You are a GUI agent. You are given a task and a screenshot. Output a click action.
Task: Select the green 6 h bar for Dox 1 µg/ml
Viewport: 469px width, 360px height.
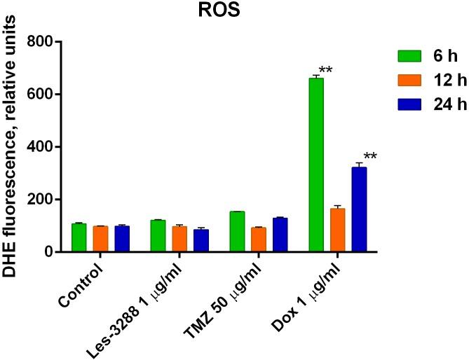(x=316, y=165)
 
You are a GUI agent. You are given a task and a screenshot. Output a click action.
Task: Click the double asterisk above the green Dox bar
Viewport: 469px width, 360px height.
(x=326, y=70)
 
